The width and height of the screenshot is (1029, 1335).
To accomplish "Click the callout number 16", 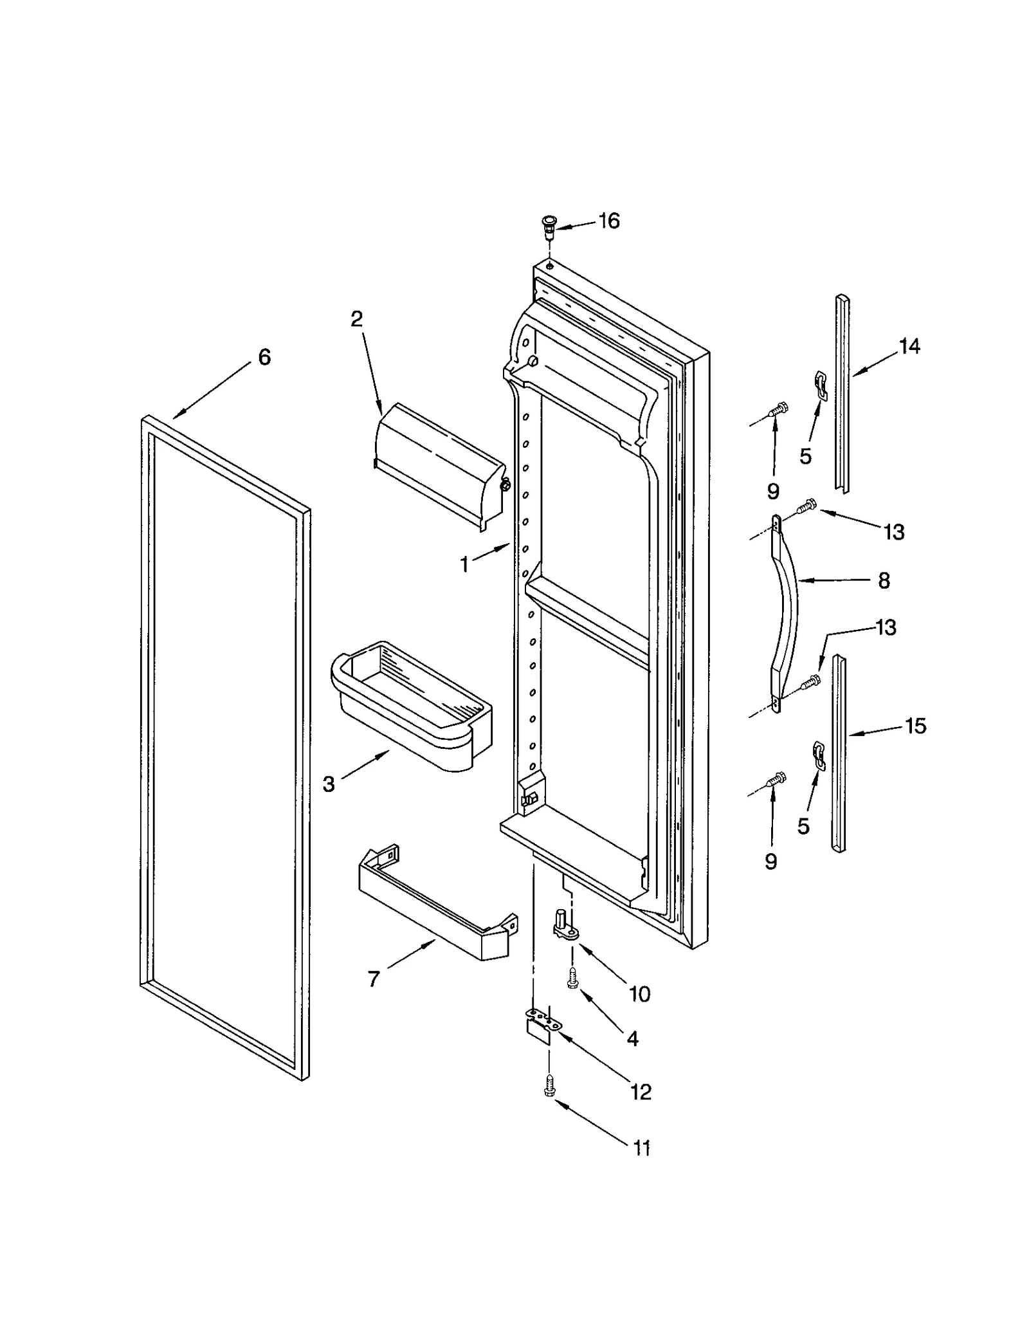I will (x=608, y=221).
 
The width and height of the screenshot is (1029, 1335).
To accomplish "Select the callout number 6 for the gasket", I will (x=264, y=357).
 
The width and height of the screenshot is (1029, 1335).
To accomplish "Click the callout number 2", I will (x=356, y=318).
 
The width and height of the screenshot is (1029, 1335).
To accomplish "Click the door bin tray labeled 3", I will (x=412, y=704).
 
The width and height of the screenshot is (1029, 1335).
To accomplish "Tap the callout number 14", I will (x=909, y=347).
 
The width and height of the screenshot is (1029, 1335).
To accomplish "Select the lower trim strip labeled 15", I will (x=838, y=753).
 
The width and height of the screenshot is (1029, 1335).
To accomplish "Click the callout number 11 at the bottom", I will (x=642, y=1148).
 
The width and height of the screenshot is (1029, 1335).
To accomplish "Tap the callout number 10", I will (x=639, y=994).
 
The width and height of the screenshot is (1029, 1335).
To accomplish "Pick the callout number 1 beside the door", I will (x=464, y=565).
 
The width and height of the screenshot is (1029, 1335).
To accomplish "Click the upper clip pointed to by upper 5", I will (x=819, y=384).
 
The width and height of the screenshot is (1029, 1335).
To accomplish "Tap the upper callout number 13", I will (x=894, y=532).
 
